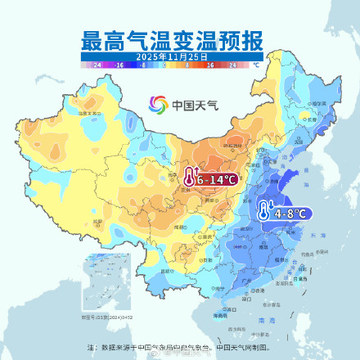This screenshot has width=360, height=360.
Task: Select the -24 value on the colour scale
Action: coord(97,64)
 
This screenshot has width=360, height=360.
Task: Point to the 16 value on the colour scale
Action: coord(210,64)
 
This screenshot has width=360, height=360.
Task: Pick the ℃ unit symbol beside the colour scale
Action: coord(256,64)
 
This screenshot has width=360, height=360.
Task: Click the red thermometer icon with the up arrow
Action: coord(190,178)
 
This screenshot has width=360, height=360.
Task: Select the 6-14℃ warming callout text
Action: coord(217,178)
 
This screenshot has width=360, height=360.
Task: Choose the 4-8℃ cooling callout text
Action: coord(290,213)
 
